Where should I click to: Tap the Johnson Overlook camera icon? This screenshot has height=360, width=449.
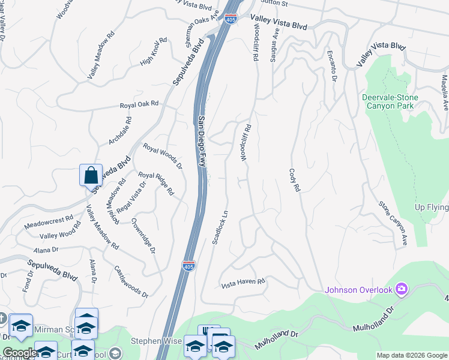point(402,290)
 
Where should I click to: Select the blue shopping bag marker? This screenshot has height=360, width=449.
point(91,176)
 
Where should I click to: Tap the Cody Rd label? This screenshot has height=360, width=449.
point(294,180)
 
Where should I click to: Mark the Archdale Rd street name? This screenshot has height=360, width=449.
point(120,130)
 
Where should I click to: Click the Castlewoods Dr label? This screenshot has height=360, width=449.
point(130,282)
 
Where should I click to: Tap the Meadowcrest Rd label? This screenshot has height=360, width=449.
point(49,222)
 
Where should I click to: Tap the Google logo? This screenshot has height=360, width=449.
point(20,353)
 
